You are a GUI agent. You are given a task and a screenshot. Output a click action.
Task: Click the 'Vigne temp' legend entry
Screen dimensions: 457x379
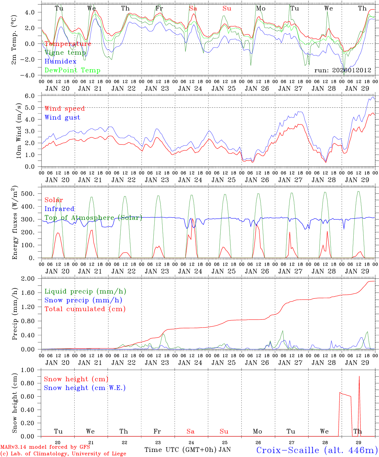65,53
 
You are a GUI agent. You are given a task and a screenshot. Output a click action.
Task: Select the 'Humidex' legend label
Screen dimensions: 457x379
60,62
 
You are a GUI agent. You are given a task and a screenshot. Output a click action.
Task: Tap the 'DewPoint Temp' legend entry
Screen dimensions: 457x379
72,70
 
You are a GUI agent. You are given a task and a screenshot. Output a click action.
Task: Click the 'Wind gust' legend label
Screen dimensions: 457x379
62,117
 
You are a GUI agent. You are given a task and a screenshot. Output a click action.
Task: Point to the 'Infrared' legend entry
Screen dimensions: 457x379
59,209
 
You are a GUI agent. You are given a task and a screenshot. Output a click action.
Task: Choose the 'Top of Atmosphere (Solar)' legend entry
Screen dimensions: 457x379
93,218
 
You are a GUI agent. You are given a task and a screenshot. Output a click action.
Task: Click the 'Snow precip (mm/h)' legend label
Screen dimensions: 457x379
83,300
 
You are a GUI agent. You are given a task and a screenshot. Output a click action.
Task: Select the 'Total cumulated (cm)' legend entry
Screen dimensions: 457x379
85,309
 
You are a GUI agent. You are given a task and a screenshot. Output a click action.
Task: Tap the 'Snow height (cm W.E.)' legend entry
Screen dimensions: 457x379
85,388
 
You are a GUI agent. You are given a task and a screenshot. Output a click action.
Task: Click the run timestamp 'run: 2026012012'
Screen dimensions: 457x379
342,70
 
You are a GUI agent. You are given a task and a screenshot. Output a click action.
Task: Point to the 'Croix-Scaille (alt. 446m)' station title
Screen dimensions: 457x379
317,450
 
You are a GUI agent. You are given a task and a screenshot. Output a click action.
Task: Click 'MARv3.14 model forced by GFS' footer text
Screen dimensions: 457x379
45,447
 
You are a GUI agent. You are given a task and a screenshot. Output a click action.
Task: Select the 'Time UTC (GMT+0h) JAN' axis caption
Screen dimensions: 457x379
187,450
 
